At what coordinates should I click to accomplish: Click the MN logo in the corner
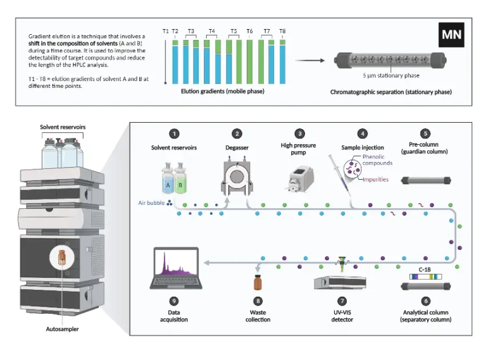451,35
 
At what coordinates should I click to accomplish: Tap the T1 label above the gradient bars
165,31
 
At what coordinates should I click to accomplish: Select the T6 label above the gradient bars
250,31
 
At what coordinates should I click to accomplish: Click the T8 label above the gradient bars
282,31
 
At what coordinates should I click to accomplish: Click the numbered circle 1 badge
174,133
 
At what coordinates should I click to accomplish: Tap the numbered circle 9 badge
174,301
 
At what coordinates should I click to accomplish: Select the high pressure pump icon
299,182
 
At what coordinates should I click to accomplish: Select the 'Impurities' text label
375,179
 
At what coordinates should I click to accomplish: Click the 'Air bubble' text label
151,203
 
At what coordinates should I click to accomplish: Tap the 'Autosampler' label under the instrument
62,330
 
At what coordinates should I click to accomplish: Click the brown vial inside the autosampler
62,258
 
